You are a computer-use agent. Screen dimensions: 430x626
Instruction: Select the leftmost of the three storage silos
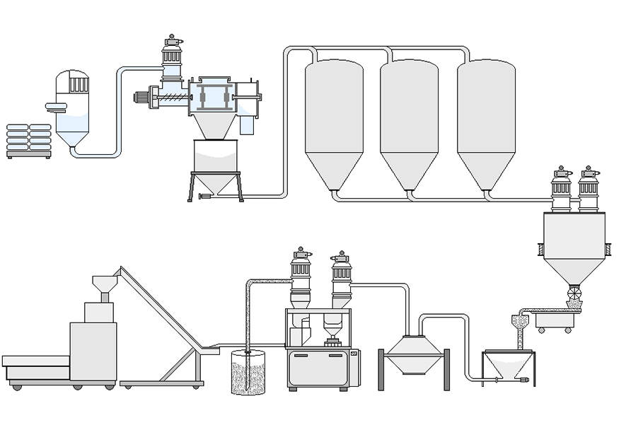pos(334,120)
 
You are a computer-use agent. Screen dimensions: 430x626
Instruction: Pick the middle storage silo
pos(409,120)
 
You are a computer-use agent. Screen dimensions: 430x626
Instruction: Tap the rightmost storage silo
pos(485,120)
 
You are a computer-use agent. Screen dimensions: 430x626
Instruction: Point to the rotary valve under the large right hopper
pos(574,292)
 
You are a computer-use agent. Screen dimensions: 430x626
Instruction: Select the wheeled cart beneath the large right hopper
pos(554,322)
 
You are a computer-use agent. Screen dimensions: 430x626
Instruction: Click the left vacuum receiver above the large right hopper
pos(561,190)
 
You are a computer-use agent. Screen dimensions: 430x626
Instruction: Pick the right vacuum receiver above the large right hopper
pos(589,190)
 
